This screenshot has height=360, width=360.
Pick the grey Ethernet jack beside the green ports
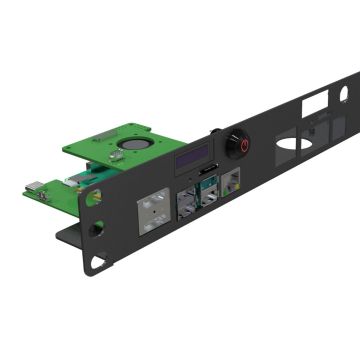pyautogui.click(x=233, y=185)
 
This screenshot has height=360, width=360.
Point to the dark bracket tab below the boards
pyautogui.click(x=70, y=236)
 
